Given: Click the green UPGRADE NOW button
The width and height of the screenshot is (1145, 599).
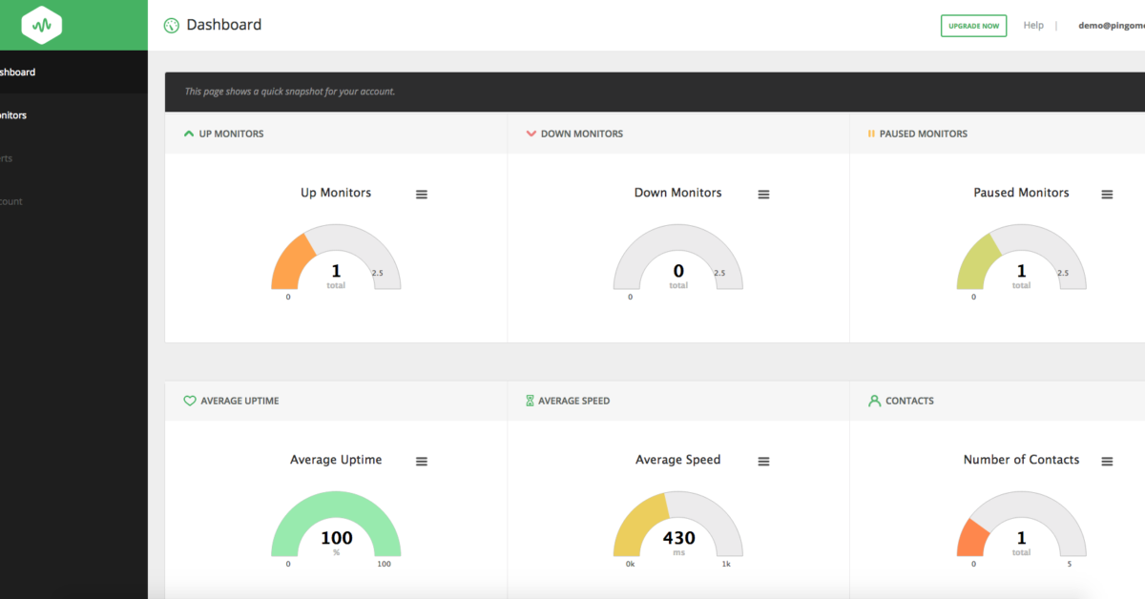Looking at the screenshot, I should point(973,26).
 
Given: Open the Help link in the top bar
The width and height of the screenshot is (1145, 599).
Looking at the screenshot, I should point(1033,26).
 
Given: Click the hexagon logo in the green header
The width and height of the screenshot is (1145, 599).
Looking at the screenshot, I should point(41,26).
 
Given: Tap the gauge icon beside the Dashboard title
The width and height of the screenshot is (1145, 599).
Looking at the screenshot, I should point(172,26).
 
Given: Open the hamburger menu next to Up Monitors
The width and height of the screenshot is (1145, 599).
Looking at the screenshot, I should point(422,195).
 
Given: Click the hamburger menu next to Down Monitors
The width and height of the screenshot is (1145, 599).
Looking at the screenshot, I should point(763,195).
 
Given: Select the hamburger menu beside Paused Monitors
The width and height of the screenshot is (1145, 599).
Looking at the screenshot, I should point(1107,195).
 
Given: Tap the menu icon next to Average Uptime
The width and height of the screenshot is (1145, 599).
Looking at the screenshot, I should point(422,462).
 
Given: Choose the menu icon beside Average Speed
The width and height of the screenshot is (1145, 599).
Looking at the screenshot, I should point(763,462).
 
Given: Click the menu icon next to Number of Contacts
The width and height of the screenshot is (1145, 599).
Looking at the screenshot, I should point(1107,462).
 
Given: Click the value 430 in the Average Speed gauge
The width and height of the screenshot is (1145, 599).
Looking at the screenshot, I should point(678,538).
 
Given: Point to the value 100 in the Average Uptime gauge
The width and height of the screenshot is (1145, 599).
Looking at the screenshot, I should point(336,538).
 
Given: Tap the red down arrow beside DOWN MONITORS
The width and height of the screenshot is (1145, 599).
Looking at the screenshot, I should point(531,134).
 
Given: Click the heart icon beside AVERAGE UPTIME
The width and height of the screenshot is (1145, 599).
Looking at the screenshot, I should point(190,401).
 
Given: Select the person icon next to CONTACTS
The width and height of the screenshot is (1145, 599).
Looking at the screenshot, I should point(874,401).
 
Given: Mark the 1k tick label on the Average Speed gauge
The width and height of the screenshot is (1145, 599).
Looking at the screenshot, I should point(725,565).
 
